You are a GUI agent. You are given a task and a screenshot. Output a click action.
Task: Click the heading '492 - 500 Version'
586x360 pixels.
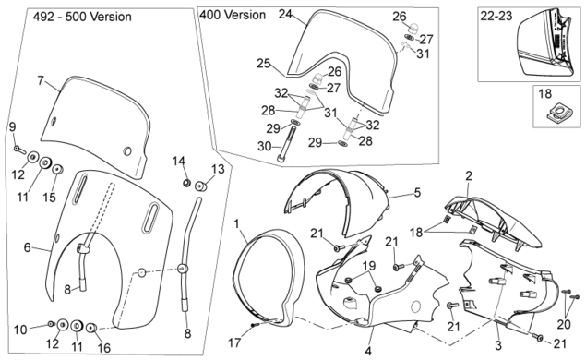pyautogui.click(x=82, y=17)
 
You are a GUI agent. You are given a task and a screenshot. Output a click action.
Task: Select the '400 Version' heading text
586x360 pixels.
pyautogui.click(x=233, y=15)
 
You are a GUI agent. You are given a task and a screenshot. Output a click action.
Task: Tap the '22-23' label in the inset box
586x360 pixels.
pyautogui.click(x=496, y=16)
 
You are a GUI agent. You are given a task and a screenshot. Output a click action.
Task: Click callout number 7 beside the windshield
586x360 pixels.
pyautogui.click(x=41, y=80)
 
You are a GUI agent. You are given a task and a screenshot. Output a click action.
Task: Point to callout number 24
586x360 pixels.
pyautogui.click(x=285, y=14)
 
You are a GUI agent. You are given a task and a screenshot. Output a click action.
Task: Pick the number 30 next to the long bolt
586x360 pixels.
pyautogui.click(x=264, y=146)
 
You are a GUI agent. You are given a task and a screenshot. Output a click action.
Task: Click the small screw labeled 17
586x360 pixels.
pyautogui.click(x=255, y=325)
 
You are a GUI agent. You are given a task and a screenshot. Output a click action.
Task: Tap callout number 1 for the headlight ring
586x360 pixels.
pyautogui.click(x=236, y=224)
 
